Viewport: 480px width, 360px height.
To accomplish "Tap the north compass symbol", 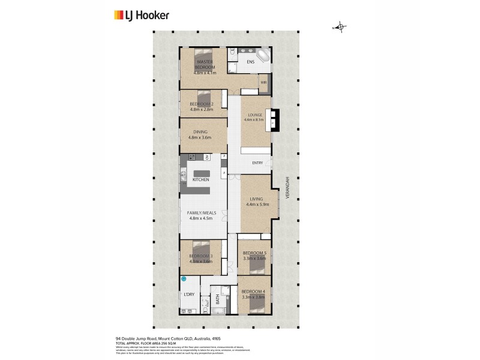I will tap(340, 27).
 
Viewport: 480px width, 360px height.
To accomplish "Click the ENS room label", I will tap(251, 61).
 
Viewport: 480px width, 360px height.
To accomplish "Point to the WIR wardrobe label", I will tap(263, 82).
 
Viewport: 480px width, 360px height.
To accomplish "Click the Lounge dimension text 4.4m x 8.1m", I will tap(254, 119).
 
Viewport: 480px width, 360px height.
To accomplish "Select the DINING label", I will tap(200, 132).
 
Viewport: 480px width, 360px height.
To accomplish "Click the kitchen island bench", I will tap(201, 174).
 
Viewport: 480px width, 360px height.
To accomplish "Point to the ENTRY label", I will tap(257, 163).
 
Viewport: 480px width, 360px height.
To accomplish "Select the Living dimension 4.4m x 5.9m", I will tap(257, 205).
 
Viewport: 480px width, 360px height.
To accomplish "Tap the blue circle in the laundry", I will tap(184, 280).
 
